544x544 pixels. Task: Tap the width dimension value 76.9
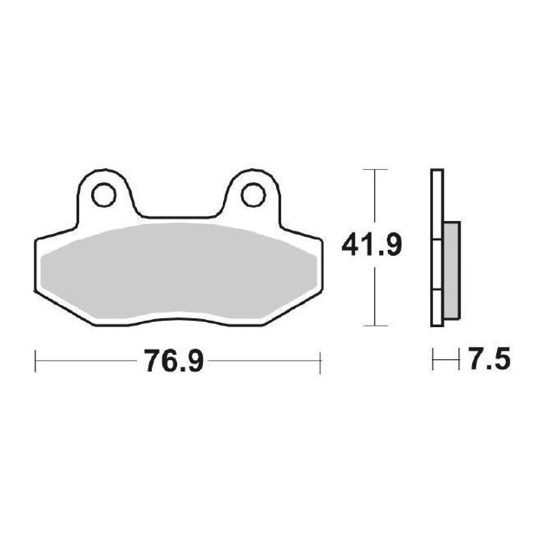point(174,361)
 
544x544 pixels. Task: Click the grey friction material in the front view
point(179,271)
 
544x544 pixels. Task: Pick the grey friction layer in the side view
point(452,271)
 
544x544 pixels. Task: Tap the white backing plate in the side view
point(437,248)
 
